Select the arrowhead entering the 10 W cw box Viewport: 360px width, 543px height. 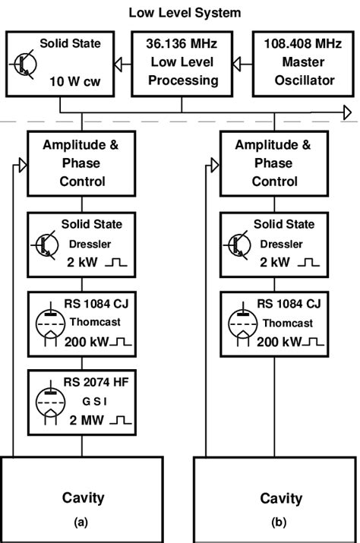point(119,64)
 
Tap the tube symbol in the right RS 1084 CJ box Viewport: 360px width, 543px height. point(245,323)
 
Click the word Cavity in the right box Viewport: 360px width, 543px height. point(281,499)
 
